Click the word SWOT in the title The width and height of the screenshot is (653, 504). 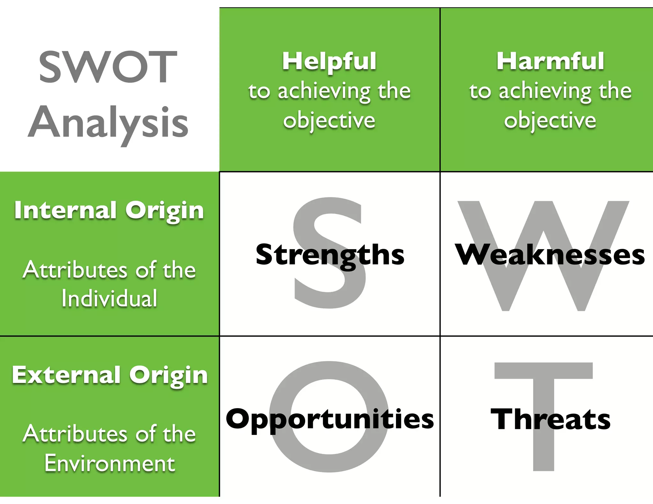tap(108, 67)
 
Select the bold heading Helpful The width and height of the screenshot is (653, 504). tap(329, 61)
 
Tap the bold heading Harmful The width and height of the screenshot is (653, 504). tap(550, 61)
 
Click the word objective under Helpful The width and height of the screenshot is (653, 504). tap(329, 121)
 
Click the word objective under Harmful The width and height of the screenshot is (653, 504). tap(550, 121)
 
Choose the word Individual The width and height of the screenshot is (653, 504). tap(109, 299)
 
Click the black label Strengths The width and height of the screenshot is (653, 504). tap(330, 255)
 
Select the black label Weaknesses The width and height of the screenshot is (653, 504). tap(550, 255)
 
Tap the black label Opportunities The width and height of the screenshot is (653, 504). tap(330, 419)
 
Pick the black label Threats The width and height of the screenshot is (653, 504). tap(550, 419)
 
